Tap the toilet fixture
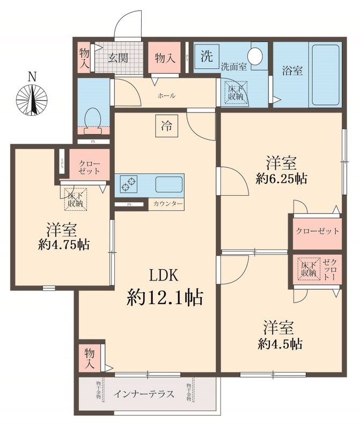[94, 119]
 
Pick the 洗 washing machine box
[206, 55]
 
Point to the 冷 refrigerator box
[167, 127]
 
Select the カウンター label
[168, 204]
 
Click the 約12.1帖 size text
[165, 297]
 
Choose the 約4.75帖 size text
[64, 245]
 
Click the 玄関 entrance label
[119, 57]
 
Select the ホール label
[166, 96]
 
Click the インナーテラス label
[144, 395]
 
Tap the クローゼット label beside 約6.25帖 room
[317, 231]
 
